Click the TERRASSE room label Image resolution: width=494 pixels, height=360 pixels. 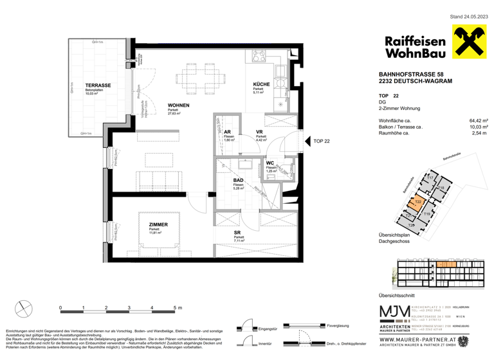tap(98, 85)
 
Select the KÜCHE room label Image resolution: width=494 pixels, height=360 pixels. tap(261, 85)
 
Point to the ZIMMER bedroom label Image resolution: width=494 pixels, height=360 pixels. tap(158, 224)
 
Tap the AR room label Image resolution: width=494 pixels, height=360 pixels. tap(228, 132)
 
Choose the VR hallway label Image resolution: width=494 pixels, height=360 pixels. tap(260, 132)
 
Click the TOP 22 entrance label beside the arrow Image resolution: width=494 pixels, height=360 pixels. tap(321, 141)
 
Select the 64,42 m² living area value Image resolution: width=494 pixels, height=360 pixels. tap(478, 120)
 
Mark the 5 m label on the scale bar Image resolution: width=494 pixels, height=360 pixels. tap(177, 308)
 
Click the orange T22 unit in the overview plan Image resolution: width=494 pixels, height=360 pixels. tap(418, 202)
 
